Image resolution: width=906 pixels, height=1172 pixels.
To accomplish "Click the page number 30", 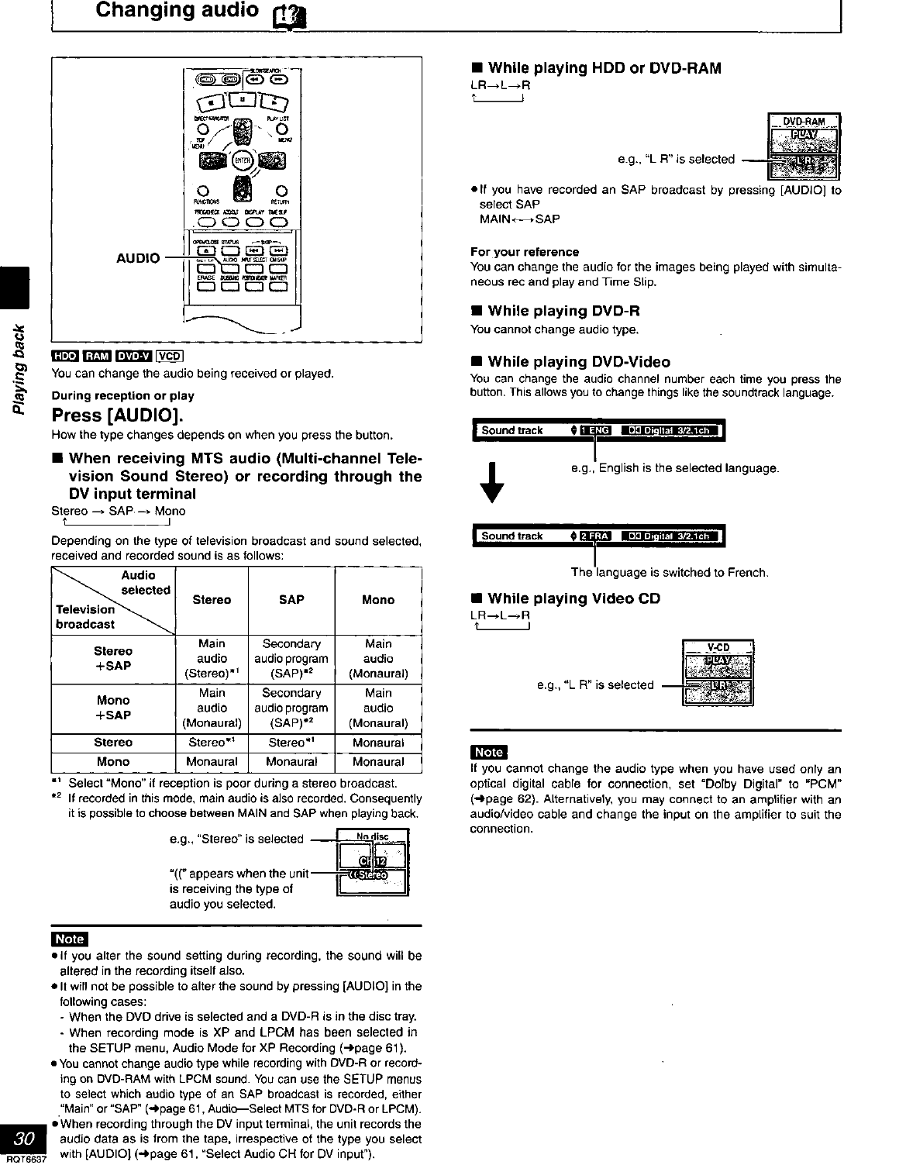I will click(24, 1139).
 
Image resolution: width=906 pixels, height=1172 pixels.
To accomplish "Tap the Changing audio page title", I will click(177, 10).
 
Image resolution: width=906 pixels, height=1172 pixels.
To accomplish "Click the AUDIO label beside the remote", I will click(138, 257).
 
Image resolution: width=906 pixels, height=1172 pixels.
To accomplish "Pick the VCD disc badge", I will click(169, 357).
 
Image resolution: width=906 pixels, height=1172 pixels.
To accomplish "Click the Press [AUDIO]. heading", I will click(117, 415).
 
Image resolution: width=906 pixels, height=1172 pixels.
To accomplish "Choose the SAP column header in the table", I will click(291, 599).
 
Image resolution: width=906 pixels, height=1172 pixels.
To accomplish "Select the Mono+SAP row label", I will click(113, 708).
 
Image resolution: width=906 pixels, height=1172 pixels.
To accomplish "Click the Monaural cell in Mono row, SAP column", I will click(291, 762).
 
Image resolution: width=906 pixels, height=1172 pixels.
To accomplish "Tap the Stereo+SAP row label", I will click(113, 658).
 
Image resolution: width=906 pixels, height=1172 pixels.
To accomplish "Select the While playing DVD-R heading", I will click(556, 311).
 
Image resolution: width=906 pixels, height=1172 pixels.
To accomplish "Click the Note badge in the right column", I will click(488, 752).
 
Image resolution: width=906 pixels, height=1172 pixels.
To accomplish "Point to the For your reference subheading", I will click(525, 252).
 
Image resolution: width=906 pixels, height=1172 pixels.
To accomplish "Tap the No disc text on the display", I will click(372, 836).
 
